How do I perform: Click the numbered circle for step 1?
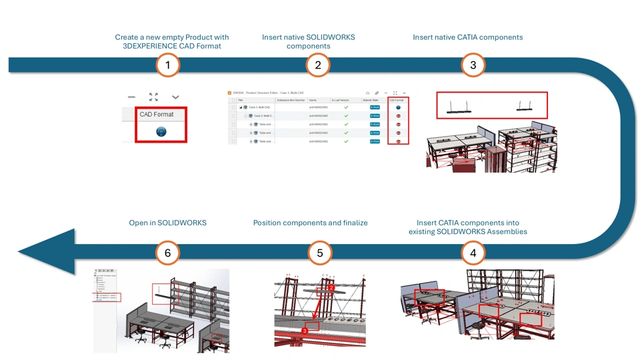click(x=168, y=65)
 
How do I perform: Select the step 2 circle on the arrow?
click(x=318, y=65)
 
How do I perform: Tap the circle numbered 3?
click(x=473, y=65)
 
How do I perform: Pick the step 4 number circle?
click(x=473, y=253)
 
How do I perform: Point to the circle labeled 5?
click(x=320, y=253)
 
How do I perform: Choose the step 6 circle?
click(x=168, y=253)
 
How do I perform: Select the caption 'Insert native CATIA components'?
click(x=467, y=37)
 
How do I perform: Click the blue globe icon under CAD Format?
click(x=161, y=131)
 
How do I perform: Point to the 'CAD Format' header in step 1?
click(x=157, y=115)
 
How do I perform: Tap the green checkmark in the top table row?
click(x=346, y=107)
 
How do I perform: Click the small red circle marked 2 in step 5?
click(x=331, y=288)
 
